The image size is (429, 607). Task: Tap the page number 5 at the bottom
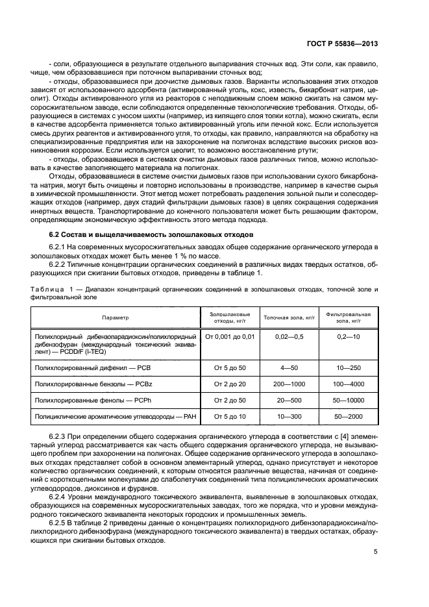(376, 552)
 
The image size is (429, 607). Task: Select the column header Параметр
(115, 317)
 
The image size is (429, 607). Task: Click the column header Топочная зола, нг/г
(288, 317)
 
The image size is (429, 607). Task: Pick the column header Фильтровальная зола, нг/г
(348, 317)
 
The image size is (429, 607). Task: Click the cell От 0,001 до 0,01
(230, 337)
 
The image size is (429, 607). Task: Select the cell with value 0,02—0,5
(289, 337)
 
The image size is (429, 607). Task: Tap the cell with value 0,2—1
(349, 337)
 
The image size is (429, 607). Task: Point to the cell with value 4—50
(289, 368)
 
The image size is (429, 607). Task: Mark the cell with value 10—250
(349, 368)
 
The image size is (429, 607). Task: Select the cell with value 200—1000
(289, 385)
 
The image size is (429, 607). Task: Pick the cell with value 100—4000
(349, 385)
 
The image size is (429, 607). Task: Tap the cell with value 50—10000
(349, 401)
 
